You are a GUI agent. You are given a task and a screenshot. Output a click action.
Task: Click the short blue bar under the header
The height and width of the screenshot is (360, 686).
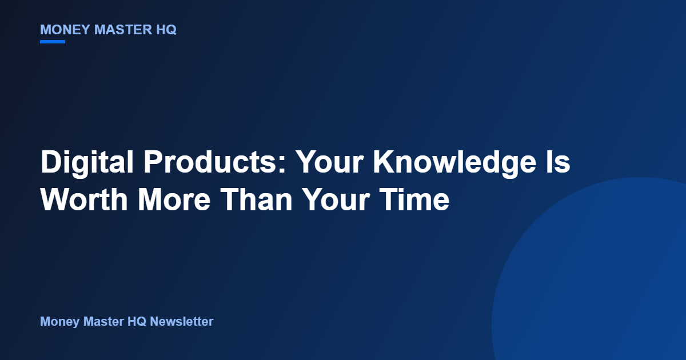tap(53, 42)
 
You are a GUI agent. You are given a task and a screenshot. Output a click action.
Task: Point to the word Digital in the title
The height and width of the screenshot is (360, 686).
tap(87, 162)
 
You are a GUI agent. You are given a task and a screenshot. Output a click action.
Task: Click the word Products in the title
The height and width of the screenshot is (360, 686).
tap(211, 162)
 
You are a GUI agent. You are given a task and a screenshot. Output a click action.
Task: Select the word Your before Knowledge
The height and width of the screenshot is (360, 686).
tap(330, 162)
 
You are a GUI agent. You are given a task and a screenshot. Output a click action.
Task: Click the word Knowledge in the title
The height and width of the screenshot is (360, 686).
tap(455, 162)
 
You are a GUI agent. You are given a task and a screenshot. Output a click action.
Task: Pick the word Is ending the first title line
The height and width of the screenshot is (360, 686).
tap(559, 162)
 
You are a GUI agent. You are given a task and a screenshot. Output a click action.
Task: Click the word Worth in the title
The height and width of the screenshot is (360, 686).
tap(84, 199)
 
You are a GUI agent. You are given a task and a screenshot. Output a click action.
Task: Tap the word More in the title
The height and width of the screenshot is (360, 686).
tap(174, 199)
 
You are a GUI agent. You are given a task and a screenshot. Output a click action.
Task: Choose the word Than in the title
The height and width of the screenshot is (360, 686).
tap(256, 199)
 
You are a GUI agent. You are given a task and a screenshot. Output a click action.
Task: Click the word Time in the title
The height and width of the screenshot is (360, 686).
tap(414, 199)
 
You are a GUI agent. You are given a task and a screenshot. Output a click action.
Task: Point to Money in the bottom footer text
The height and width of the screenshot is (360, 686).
tap(59, 322)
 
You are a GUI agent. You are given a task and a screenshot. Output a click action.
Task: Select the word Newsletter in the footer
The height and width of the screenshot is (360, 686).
tap(182, 321)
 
